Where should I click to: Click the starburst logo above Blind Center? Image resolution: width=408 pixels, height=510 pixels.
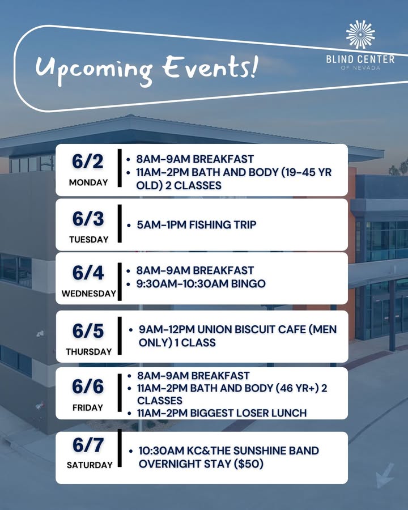(360, 35)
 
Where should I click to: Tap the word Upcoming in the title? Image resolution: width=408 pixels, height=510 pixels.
(94, 70)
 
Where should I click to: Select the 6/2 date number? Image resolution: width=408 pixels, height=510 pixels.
(88, 161)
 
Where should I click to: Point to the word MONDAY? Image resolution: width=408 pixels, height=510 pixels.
(88, 182)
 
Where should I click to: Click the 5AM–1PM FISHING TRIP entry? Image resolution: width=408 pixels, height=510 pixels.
(197, 225)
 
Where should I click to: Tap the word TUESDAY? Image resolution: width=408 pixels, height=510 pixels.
(89, 239)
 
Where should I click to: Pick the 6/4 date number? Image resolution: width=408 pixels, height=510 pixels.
(88, 273)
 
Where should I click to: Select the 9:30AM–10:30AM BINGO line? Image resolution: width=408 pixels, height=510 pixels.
(201, 284)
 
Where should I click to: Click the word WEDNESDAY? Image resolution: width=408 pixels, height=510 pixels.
(89, 294)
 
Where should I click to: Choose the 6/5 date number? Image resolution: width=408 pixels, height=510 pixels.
(88, 331)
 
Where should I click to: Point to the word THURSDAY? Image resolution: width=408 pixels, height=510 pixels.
(89, 351)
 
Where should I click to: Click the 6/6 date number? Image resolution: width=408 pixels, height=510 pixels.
(88, 386)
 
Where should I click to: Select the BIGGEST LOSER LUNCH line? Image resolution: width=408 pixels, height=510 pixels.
(248, 413)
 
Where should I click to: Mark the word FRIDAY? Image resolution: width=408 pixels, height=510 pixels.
(88, 407)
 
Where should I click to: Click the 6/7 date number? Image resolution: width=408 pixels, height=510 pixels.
(88, 445)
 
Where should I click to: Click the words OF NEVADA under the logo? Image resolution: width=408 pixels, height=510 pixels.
(360, 67)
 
